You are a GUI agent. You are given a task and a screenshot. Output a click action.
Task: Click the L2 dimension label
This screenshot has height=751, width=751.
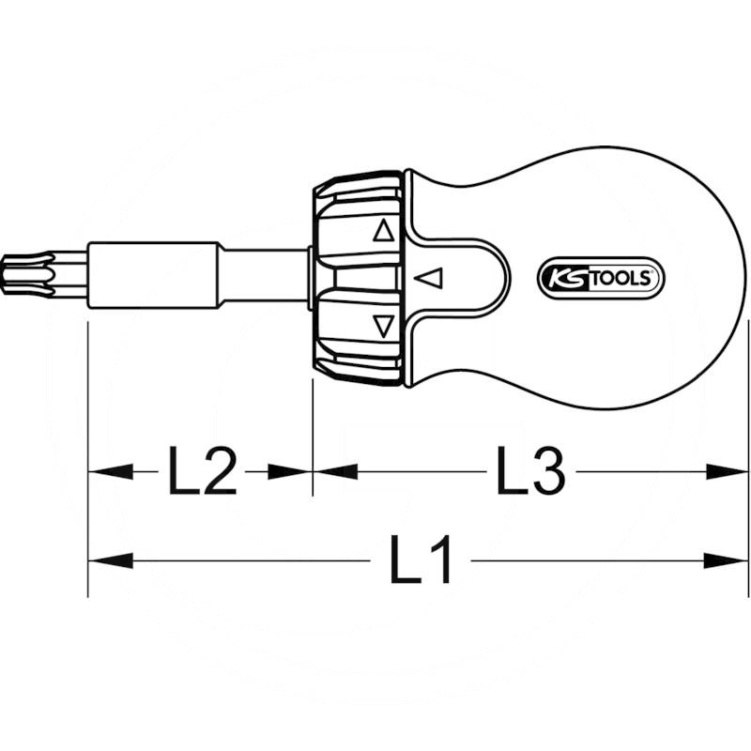(201, 471)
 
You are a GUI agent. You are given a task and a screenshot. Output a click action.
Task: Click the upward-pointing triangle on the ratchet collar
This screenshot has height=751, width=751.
(382, 231)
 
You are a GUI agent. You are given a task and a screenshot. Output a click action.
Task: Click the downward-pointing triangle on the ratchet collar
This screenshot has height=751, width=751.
(382, 326)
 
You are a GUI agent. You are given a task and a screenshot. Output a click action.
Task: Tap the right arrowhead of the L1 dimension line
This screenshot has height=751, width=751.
(727, 561)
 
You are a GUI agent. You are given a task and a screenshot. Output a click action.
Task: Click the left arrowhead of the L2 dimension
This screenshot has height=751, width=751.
(109, 471)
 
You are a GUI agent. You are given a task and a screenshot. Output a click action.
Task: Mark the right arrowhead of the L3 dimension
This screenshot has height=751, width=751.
(727, 471)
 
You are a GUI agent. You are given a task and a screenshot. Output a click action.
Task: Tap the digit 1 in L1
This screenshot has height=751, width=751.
(439, 561)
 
